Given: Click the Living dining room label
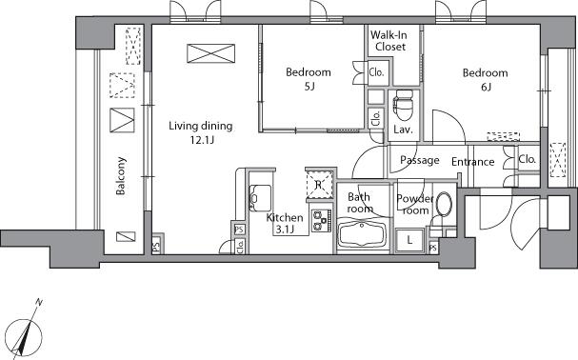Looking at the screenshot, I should [x=200, y=126].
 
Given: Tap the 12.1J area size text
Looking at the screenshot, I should [x=200, y=140].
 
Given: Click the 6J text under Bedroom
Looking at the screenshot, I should [x=485, y=88].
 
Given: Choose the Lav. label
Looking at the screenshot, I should [x=402, y=130].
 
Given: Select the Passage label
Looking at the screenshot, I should [x=419, y=160].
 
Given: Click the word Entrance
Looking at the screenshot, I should [x=472, y=162].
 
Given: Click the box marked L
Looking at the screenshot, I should [x=409, y=240].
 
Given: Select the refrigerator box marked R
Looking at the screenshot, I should [x=318, y=183].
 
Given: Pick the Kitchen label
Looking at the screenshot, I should [x=285, y=217].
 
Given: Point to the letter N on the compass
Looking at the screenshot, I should [x=39, y=302].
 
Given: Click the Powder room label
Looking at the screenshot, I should [x=415, y=203].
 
